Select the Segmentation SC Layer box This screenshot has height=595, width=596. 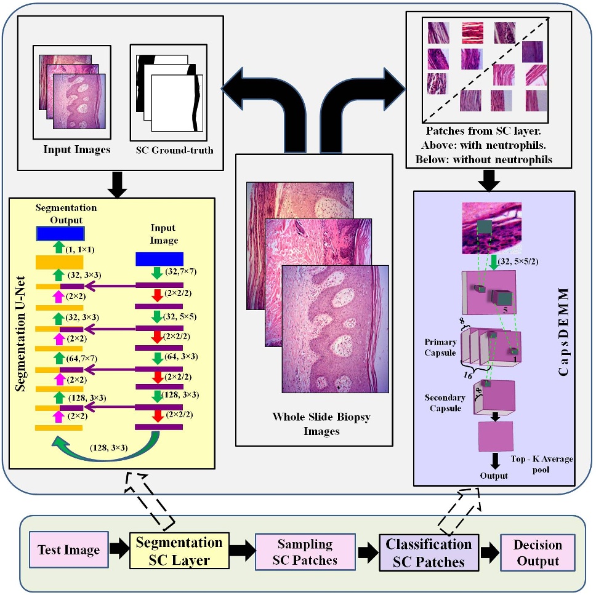click(x=179, y=551)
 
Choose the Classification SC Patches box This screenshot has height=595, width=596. click(x=429, y=552)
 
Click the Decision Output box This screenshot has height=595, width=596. click(x=538, y=553)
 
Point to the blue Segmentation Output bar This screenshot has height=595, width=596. click(x=60, y=234)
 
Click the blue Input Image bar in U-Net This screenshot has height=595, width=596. click(x=159, y=258)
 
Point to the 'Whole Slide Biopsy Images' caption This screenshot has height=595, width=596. click(x=313, y=424)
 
